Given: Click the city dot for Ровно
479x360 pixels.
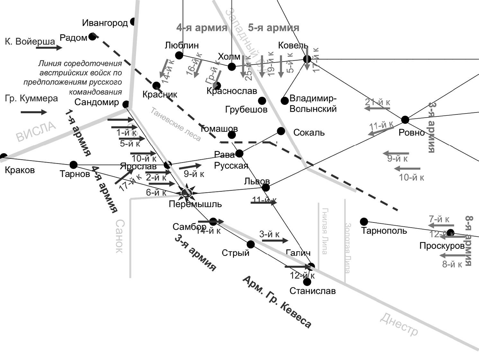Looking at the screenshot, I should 405,120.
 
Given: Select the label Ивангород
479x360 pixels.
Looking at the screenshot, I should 105,23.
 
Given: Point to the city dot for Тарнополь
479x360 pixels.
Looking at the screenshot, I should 364,221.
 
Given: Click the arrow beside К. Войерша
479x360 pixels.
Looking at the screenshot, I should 49,48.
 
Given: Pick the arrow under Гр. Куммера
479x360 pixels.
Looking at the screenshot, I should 34,112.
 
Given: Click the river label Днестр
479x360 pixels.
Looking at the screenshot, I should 399,325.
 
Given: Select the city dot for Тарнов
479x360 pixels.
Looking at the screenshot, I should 74,165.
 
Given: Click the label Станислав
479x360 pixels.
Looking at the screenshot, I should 312,291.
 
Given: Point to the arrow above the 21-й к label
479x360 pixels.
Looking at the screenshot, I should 377,108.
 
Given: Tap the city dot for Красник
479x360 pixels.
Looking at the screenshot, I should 156,85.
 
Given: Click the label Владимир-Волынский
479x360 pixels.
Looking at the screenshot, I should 313,104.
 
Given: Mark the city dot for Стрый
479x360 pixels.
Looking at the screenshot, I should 251,245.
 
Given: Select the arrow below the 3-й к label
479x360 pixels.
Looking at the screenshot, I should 274,240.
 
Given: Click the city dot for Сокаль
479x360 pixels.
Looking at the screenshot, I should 281,131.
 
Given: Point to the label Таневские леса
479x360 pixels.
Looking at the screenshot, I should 176,124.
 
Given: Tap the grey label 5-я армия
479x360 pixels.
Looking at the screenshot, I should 273,28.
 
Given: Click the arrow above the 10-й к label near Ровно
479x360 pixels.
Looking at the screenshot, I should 407,168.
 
